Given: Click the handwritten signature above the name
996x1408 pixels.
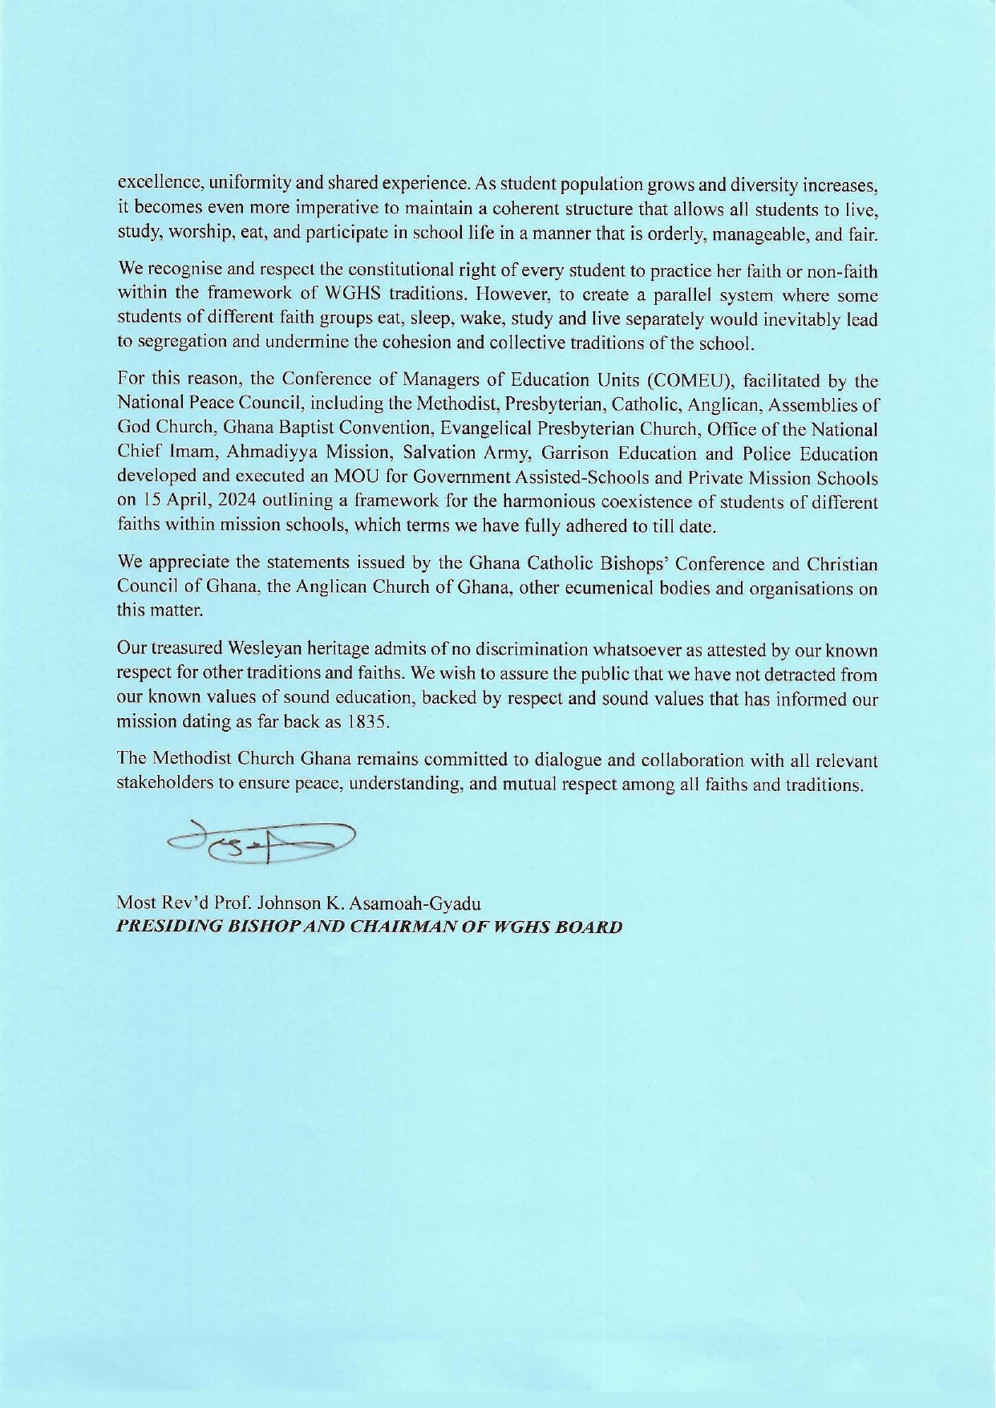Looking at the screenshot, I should pos(261,842).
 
